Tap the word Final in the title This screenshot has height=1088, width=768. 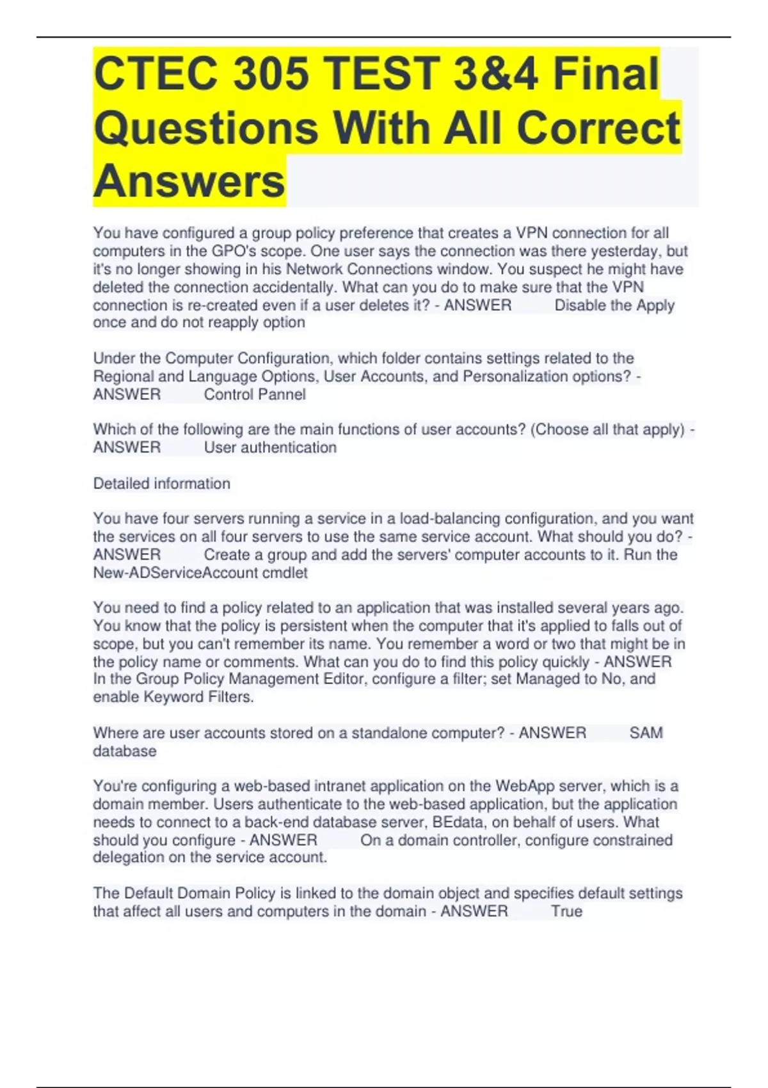[x=605, y=74]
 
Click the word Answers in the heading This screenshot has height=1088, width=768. [x=189, y=181]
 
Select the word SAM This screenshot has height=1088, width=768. [x=646, y=733]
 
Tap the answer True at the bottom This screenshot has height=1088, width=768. [x=566, y=911]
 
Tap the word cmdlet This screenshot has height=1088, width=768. [x=285, y=572]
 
